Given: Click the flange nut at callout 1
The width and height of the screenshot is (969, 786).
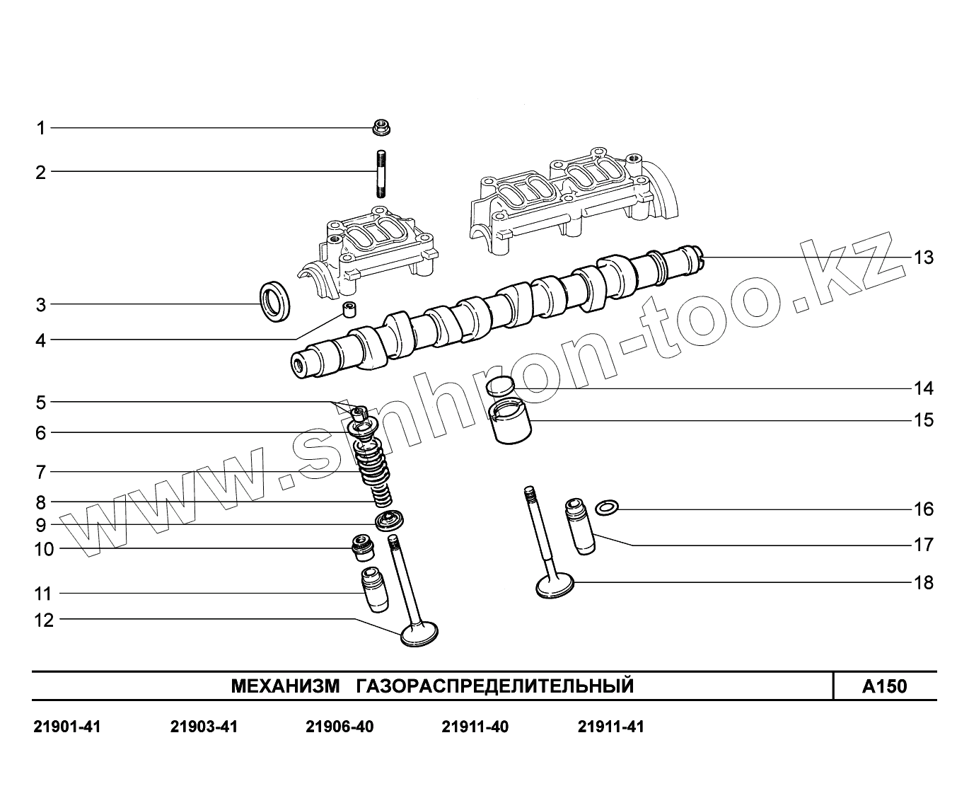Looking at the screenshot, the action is tap(381, 128).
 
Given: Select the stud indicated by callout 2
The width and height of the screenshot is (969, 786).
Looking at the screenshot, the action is tap(381, 174).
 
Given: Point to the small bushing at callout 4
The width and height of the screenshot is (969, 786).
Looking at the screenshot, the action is tap(349, 310).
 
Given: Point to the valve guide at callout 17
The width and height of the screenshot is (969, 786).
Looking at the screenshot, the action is tap(579, 528).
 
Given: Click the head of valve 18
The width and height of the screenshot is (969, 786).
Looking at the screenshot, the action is tap(555, 585).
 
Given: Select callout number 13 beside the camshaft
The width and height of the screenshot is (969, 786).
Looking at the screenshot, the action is tap(924, 258).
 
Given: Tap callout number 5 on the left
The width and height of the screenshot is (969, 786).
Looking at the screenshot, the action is tap(41, 403).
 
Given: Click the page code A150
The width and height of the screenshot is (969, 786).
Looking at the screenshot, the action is tap(884, 686).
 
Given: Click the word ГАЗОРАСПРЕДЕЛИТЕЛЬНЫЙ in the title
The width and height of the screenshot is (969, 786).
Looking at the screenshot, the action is tap(495, 686).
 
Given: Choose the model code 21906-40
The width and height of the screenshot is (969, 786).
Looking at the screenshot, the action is tap(340, 727).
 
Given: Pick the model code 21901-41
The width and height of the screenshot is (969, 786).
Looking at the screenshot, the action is tap(67, 727).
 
